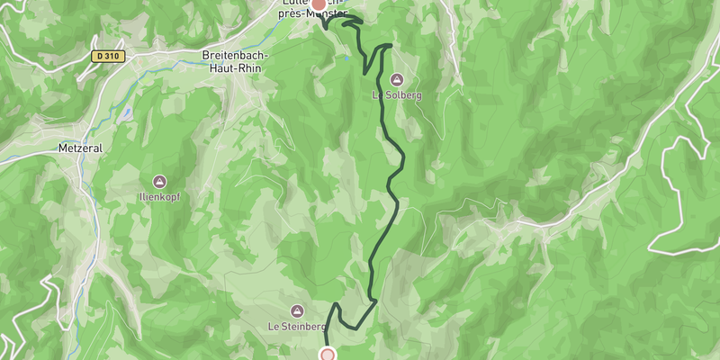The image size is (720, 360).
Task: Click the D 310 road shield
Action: (x=106, y=56)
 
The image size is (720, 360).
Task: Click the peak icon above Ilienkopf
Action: (x=159, y=181)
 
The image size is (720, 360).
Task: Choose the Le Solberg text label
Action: (x=397, y=94)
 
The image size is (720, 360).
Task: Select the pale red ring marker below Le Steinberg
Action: (x=328, y=355)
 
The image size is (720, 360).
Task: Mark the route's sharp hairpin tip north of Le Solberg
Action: (x=391, y=45)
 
